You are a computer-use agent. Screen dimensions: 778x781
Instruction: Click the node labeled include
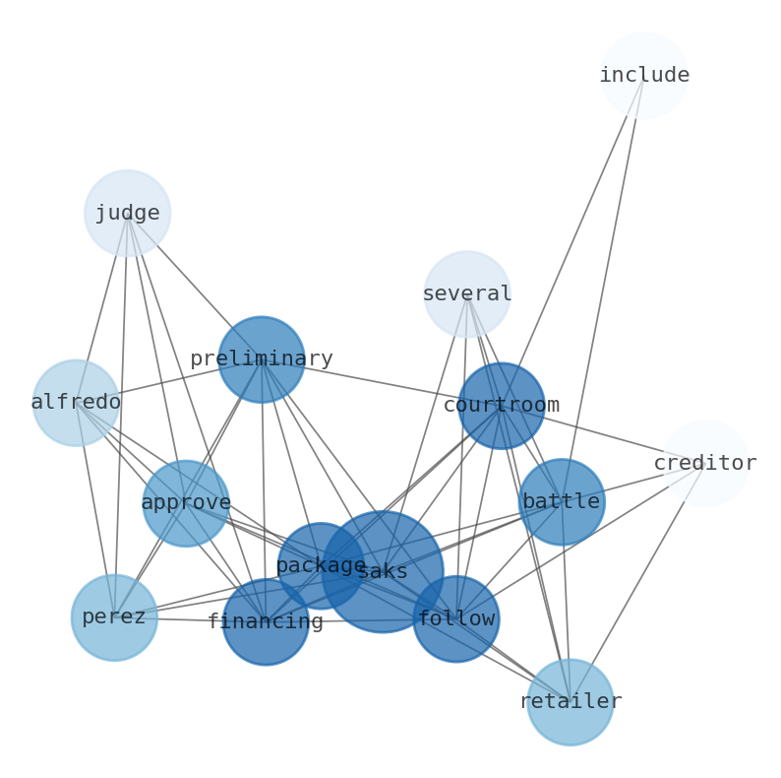(x=643, y=75)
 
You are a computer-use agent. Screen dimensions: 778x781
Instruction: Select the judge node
(x=127, y=213)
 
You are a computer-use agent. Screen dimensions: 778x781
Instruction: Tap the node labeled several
(x=467, y=293)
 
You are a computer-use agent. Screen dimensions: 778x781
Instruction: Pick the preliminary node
(x=261, y=359)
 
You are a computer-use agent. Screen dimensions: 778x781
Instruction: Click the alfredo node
(x=76, y=403)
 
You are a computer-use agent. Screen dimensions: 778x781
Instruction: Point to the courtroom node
(x=502, y=406)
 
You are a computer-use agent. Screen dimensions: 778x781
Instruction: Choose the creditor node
(x=705, y=463)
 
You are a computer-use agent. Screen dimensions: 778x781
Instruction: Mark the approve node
(x=186, y=503)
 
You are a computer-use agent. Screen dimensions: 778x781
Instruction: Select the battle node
(x=562, y=502)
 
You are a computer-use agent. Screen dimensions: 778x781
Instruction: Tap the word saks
(x=384, y=572)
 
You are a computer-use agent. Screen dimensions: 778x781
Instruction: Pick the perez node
(x=114, y=617)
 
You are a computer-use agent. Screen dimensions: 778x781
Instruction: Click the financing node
(x=266, y=621)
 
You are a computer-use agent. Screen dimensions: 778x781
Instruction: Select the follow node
(x=455, y=618)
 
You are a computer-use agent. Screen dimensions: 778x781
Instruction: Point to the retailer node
(x=571, y=701)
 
